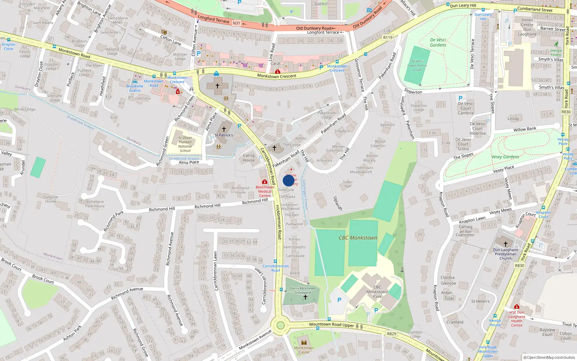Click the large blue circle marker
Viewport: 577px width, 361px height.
(x=288, y=180)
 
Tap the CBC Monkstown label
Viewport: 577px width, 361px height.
(x=358, y=238)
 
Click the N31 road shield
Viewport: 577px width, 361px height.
(x=236, y=23)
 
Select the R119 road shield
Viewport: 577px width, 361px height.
(x=388, y=38)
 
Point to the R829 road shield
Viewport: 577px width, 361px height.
(x=392, y=334)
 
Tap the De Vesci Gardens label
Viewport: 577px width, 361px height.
(x=438, y=43)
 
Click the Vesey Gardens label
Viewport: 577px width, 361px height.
(x=505, y=157)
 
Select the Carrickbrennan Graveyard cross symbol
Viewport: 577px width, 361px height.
(x=305, y=297)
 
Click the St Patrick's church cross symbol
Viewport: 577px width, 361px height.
(x=224, y=129)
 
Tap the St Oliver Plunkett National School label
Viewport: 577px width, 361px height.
(x=185, y=144)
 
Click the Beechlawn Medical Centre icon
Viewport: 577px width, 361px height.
(x=265, y=182)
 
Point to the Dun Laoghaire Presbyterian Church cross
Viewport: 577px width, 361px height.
(x=505, y=244)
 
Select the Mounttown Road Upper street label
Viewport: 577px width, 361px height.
(x=331, y=325)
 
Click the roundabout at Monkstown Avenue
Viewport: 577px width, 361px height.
(x=280, y=325)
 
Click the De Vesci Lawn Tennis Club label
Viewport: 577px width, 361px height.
(x=417, y=66)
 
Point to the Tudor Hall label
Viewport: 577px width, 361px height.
(x=348, y=184)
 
